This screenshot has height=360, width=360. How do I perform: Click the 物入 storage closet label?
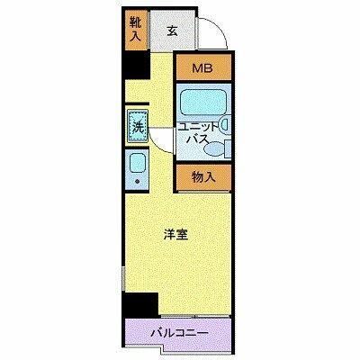pyautogui.click(x=202, y=176)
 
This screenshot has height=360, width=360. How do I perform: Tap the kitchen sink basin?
pyautogui.click(x=137, y=164)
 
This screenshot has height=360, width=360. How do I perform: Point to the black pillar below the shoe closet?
pyautogui.click(x=137, y=64)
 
